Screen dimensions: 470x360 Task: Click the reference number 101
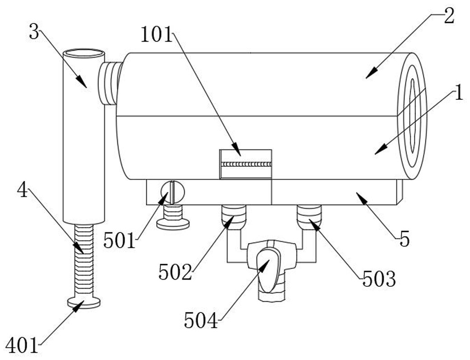[x=156, y=35]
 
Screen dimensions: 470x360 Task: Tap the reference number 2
[x=449, y=16]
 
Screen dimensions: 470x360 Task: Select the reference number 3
[x=34, y=32]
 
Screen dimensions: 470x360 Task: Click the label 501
[x=120, y=241]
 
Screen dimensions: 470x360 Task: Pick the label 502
[x=175, y=272]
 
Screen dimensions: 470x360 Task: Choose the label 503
[x=379, y=279]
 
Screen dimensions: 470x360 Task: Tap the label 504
[x=201, y=320]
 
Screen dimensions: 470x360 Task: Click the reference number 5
[x=405, y=240]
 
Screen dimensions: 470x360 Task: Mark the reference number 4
[x=23, y=190]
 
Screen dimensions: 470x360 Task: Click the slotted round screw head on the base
[x=172, y=192]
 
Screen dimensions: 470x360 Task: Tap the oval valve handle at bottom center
[x=269, y=270]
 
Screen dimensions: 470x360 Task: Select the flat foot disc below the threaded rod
[x=84, y=302]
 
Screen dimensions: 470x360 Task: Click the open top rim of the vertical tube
[x=84, y=54]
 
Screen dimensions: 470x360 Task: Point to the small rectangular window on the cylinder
[x=246, y=164]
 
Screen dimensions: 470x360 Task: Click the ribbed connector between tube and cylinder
[x=110, y=83]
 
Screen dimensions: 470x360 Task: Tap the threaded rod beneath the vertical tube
[x=84, y=261]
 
